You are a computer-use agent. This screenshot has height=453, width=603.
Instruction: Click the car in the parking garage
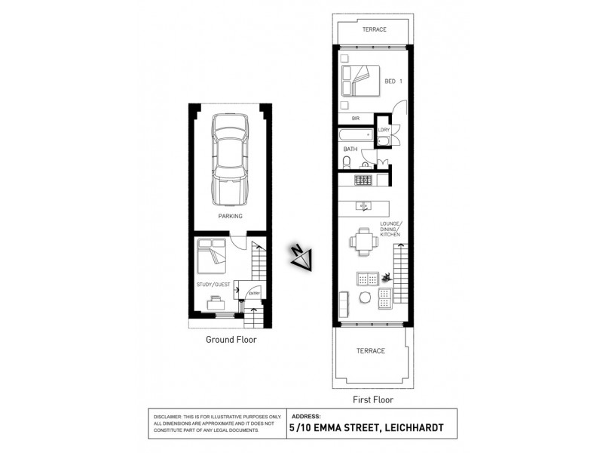coord(229,160)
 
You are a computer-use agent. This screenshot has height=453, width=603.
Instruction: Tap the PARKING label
coord(231,216)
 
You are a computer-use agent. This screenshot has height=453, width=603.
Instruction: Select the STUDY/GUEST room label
coord(213,285)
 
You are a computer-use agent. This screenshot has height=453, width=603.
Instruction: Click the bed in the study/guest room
coord(212,256)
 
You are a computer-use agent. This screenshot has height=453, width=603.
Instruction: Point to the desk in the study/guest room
coord(216,304)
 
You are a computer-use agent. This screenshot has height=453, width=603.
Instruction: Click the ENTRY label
coord(254,294)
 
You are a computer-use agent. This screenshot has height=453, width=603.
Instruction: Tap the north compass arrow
coord(301,257)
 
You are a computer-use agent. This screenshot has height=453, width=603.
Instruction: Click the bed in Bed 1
coord(360,81)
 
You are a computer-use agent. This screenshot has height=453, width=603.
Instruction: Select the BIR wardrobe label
coord(355,119)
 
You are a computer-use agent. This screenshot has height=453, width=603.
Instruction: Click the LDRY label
coord(384,130)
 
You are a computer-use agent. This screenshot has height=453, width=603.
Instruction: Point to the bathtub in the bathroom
coord(356,135)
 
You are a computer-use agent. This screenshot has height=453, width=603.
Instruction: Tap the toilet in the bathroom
coord(347,162)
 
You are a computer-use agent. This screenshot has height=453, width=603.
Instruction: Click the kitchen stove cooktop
coord(363,180)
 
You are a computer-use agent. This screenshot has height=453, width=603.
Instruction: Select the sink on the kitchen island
coord(363,206)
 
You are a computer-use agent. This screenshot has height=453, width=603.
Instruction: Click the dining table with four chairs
coord(364,242)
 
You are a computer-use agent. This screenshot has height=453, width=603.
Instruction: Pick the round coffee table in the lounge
coord(365,297)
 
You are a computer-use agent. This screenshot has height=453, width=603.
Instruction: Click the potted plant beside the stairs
coord(386,276)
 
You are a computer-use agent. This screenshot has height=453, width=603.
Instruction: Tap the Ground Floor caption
coord(231,340)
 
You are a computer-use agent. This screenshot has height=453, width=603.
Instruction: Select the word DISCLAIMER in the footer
coord(167,417)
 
